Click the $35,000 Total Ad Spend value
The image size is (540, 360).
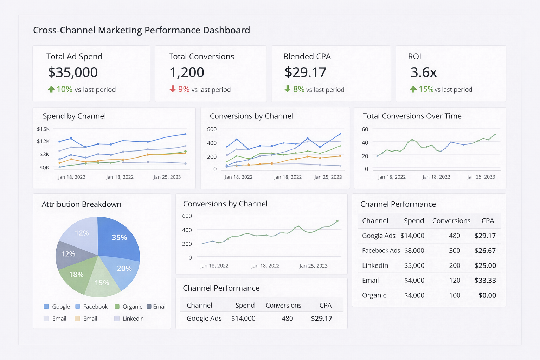(73, 72)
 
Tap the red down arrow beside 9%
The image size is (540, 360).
(172, 89)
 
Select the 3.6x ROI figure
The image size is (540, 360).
(423, 72)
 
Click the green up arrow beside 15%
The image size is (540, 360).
(413, 89)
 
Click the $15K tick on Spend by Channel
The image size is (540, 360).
(43, 129)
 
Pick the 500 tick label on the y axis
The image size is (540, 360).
(212, 129)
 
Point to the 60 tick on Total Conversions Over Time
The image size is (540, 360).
(365, 129)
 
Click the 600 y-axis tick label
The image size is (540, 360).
(187, 216)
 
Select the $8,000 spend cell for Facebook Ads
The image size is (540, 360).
(414, 251)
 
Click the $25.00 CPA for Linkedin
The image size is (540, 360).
(485, 265)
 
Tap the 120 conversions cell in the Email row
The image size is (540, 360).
(455, 281)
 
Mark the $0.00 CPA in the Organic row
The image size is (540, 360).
(487, 295)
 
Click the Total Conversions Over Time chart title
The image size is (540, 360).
(412, 116)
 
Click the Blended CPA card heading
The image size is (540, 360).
(307, 57)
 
